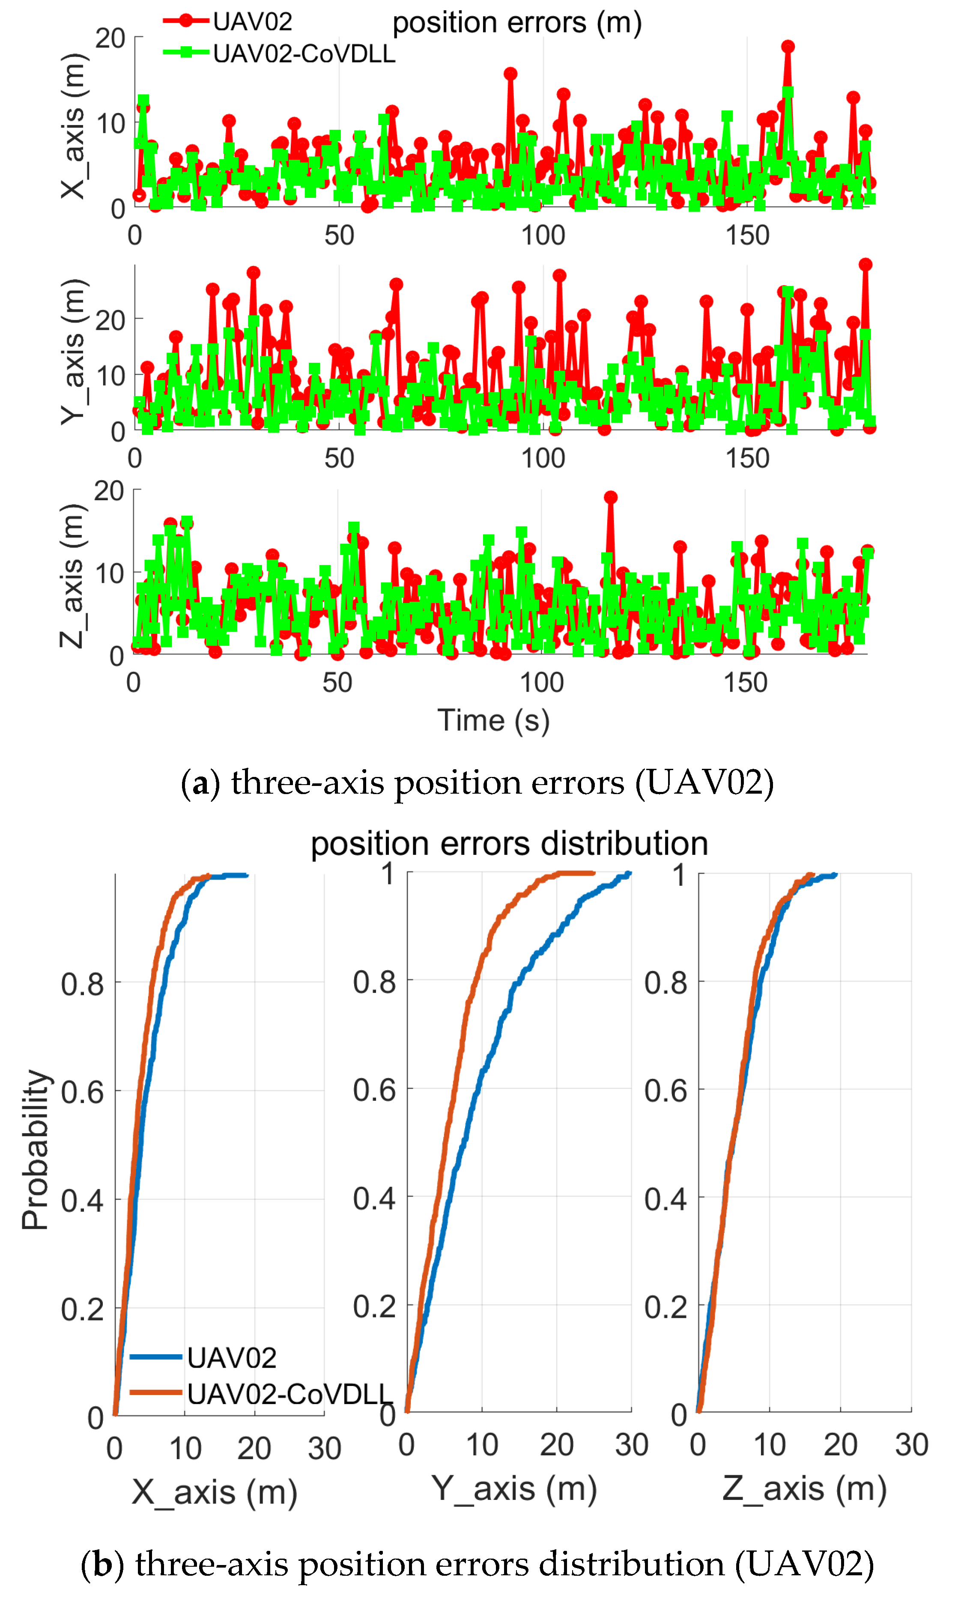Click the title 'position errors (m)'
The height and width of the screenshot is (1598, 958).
[516, 23]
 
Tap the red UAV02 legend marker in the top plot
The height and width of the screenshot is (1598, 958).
[186, 21]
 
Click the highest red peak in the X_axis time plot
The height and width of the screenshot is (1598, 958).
[788, 47]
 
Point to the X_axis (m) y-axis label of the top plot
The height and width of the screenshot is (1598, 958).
[73, 126]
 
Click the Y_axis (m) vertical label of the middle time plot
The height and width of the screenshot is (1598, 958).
[73, 352]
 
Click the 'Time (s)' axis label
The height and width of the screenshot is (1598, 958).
[494, 720]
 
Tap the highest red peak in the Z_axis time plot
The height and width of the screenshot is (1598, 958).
[610, 497]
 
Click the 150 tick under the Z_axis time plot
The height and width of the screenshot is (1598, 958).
[746, 682]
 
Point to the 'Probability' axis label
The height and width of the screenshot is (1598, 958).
[36, 1149]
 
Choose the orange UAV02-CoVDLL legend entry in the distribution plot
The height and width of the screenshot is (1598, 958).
[287, 1395]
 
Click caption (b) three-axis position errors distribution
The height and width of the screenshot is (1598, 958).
[478, 1563]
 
